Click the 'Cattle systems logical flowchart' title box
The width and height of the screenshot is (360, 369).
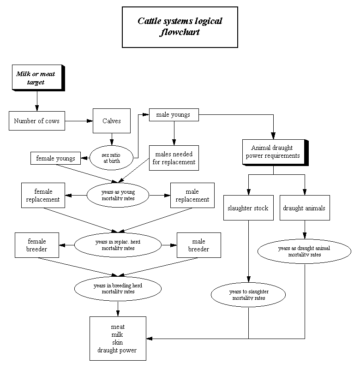click(x=180, y=27)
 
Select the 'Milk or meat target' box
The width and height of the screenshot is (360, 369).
click(x=36, y=78)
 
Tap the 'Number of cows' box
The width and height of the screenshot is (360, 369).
click(x=36, y=121)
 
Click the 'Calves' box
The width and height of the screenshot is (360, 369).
click(x=111, y=121)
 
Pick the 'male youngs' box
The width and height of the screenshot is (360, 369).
click(x=174, y=115)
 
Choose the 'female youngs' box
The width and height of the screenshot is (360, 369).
click(x=55, y=158)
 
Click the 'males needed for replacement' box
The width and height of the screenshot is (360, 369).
click(x=174, y=158)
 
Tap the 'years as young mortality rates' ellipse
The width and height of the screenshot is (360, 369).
click(x=118, y=196)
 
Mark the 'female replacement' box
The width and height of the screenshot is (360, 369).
click(x=43, y=195)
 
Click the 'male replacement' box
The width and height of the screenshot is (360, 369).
click(x=192, y=195)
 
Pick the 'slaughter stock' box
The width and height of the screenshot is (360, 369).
click(x=248, y=208)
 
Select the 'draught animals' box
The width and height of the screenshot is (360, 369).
click(x=304, y=208)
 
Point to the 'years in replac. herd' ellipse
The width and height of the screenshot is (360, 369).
click(x=118, y=245)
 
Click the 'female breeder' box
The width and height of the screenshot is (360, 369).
click(x=37, y=245)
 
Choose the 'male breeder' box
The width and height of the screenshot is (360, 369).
click(x=198, y=245)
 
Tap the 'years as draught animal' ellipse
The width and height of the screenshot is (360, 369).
click(x=304, y=251)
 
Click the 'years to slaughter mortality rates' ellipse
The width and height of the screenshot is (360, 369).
click(x=249, y=295)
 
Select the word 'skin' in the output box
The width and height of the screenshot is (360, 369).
click(x=118, y=342)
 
